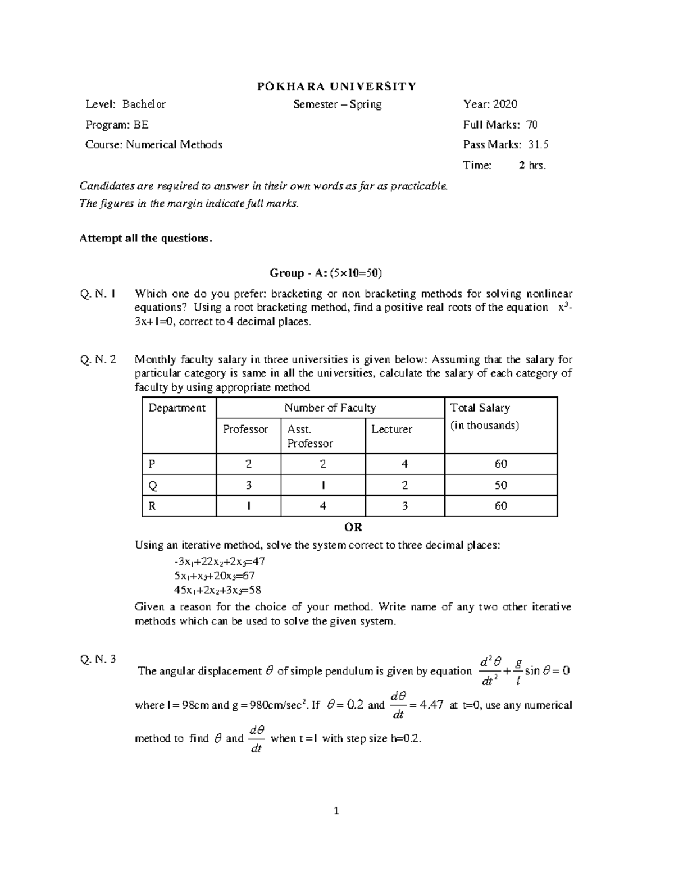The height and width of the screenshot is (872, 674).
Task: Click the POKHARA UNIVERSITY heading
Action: tap(336, 86)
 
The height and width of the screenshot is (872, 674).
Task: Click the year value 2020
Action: tap(505, 104)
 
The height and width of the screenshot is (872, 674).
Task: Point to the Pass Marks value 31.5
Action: tap(538, 145)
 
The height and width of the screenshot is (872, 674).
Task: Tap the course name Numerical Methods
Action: tap(174, 145)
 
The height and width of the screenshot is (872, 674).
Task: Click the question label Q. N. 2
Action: tap(98, 360)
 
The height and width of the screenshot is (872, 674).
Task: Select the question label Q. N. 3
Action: tap(98, 659)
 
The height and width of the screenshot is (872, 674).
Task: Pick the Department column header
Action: tap(177, 408)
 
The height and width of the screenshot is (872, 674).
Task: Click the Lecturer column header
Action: tap(391, 430)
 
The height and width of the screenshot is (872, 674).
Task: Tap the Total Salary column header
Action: tap(480, 408)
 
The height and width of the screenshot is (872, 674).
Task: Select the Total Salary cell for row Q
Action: tap(500, 485)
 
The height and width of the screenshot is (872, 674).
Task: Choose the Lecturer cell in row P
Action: tap(404, 464)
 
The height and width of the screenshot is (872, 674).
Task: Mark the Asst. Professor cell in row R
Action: tap(322, 506)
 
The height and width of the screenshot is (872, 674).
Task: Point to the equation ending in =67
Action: tap(215, 576)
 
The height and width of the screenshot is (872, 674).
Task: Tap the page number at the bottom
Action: tap(336, 810)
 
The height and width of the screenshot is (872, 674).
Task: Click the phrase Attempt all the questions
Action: tap(147, 238)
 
